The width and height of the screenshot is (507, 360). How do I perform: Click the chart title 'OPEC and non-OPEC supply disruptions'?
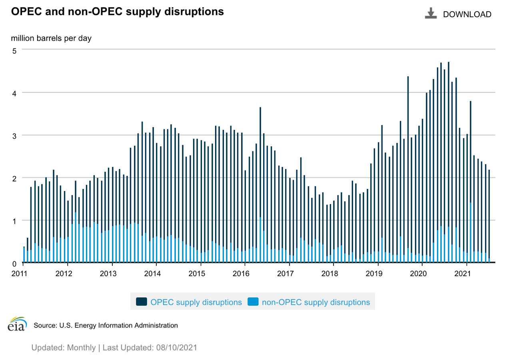click(118, 12)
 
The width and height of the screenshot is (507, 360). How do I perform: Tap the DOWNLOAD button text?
click(467, 14)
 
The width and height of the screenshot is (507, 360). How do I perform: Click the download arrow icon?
click(430, 14)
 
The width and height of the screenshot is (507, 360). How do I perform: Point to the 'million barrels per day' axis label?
click(51, 39)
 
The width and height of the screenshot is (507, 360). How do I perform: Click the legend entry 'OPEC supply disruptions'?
click(196, 302)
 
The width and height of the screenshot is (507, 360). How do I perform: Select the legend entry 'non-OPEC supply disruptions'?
click(316, 302)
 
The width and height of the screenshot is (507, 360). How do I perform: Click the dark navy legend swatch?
click(142, 302)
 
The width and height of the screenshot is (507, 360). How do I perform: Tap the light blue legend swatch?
click(253, 302)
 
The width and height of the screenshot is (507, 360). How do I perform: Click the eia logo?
click(17, 324)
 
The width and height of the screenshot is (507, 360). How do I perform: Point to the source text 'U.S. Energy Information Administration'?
click(118, 326)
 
